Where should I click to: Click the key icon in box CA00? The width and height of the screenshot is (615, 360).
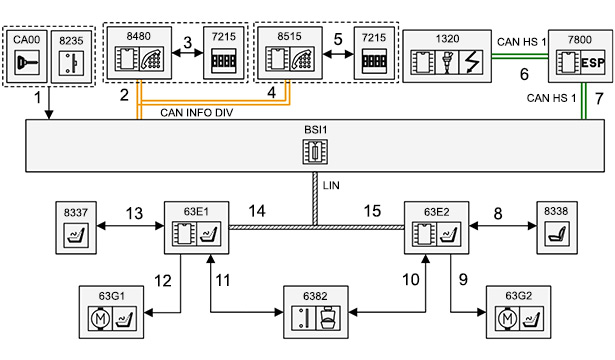(26, 63)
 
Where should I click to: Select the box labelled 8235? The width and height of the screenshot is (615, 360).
(71, 56)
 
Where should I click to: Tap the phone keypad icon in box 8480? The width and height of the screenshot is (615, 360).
(152, 60)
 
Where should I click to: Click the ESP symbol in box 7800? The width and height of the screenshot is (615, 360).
(593, 63)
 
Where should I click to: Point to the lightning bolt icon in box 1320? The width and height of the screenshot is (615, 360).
(471, 62)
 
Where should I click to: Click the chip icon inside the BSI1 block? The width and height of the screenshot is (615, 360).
(315, 151)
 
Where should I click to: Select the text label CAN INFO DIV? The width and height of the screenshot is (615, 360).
(197, 113)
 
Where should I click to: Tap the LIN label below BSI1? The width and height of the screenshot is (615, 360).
(331, 185)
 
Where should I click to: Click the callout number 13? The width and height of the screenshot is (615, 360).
(134, 213)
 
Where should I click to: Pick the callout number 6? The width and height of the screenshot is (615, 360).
(524, 74)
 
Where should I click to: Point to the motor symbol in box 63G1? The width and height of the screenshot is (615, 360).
(100, 318)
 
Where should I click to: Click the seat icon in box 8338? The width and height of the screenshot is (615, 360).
(557, 234)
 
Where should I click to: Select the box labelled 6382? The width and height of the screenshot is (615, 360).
(316, 312)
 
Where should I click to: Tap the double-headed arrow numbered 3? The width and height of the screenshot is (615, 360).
(187, 53)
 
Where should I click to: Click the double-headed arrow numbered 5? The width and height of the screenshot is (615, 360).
(338, 55)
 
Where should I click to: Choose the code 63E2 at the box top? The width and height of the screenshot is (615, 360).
(437, 212)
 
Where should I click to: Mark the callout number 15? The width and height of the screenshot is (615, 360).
(372, 211)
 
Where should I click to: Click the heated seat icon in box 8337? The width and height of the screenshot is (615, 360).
(76, 235)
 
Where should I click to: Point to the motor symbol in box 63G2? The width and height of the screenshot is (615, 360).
(507, 318)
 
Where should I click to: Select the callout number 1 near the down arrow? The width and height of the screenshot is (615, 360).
(38, 98)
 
